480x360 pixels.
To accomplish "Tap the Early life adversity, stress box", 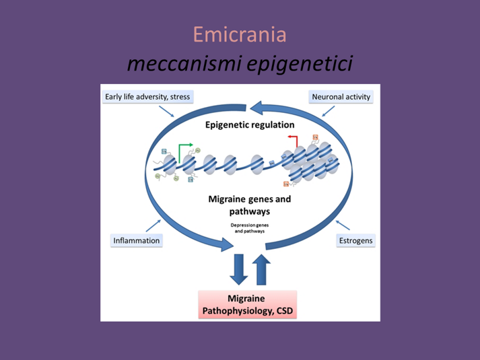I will point(148,97).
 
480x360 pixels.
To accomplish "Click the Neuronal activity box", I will point(341,97).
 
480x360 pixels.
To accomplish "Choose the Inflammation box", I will point(136,240).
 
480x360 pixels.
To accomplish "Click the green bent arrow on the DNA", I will point(184,149).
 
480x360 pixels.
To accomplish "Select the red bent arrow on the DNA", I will point(292,141).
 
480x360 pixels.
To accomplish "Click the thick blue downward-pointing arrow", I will point(239,269).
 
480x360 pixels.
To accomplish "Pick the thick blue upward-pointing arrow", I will point(262,269).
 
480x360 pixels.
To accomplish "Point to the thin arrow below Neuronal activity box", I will point(328,110).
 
